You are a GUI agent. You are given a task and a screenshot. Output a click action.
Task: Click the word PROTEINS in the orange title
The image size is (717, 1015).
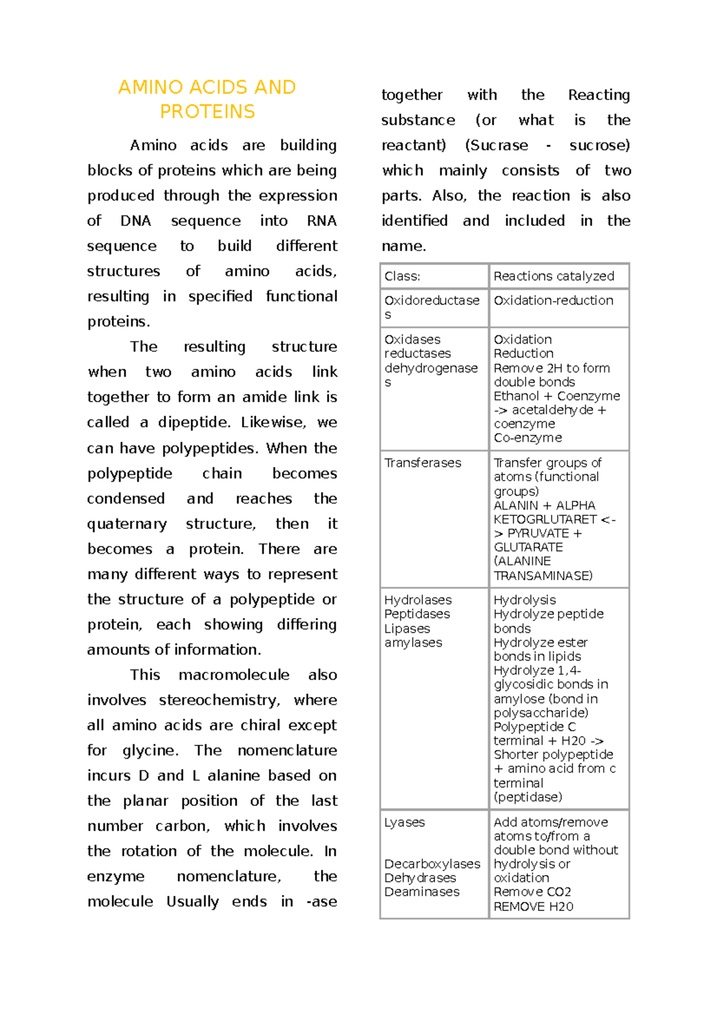[207, 112]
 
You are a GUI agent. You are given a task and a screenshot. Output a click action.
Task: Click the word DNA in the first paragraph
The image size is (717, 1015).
[136, 221]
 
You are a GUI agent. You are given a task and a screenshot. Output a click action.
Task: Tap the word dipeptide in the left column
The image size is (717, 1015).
[194, 423]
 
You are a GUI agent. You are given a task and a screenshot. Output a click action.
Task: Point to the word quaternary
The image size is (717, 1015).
[127, 524]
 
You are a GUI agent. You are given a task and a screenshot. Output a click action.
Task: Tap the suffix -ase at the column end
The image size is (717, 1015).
[321, 902]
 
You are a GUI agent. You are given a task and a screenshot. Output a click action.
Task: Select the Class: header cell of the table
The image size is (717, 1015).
[402, 276]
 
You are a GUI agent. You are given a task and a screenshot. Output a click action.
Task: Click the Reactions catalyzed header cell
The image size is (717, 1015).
[554, 276]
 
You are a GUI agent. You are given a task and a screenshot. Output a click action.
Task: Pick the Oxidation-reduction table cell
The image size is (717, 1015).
[553, 301]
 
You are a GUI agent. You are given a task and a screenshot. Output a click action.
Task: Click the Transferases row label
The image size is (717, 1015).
[422, 463]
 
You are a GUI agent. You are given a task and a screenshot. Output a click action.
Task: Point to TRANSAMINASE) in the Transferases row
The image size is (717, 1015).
[543, 576]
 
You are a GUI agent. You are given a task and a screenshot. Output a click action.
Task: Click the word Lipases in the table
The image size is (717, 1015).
[407, 629]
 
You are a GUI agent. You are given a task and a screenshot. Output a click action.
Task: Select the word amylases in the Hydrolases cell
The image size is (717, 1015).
[413, 643]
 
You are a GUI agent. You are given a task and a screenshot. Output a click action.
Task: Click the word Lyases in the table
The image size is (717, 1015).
[405, 823]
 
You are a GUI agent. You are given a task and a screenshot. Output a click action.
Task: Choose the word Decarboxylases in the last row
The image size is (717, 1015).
[432, 864]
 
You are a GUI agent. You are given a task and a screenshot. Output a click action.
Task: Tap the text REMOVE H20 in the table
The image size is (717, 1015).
[534, 907]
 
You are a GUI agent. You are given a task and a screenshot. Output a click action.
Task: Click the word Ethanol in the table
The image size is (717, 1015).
[516, 396]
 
